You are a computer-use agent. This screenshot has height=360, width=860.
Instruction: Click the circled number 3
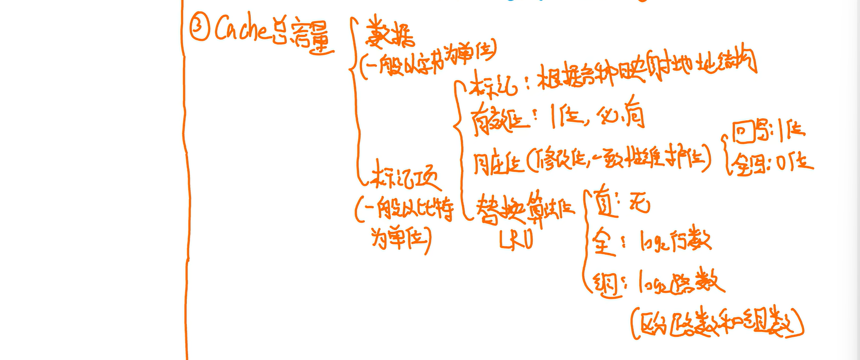(x=199, y=28)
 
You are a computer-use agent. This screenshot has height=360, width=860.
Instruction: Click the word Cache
(x=241, y=29)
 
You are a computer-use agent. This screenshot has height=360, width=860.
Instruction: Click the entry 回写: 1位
(x=768, y=132)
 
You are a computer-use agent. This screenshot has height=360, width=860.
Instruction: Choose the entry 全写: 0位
(x=771, y=163)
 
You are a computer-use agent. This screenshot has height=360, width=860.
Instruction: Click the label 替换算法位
(x=525, y=209)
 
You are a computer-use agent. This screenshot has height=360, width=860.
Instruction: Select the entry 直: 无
(x=621, y=205)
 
